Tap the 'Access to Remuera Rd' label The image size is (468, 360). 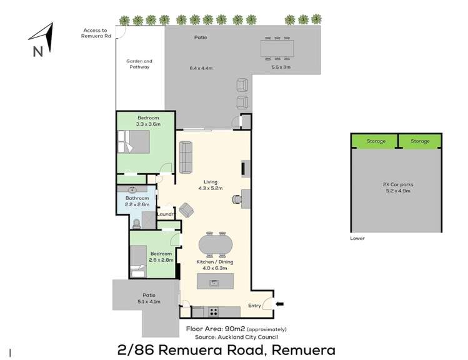(x=96, y=32)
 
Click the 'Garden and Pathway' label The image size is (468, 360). (x=139, y=64)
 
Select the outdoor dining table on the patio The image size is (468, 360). (x=277, y=47)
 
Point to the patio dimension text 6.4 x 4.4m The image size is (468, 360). (x=201, y=67)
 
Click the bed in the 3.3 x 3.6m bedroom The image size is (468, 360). (x=135, y=142)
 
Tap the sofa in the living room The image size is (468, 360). (x=186, y=157)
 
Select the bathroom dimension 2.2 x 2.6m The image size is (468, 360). (x=137, y=204)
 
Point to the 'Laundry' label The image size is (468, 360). (x=166, y=214)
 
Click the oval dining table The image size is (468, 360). (x=215, y=242)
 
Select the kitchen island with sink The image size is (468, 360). (x=215, y=281)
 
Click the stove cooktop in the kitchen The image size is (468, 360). (x=214, y=311)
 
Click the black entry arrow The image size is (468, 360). (x=279, y=304)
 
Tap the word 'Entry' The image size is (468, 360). (x=255, y=305)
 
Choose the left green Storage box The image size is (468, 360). (x=376, y=141)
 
